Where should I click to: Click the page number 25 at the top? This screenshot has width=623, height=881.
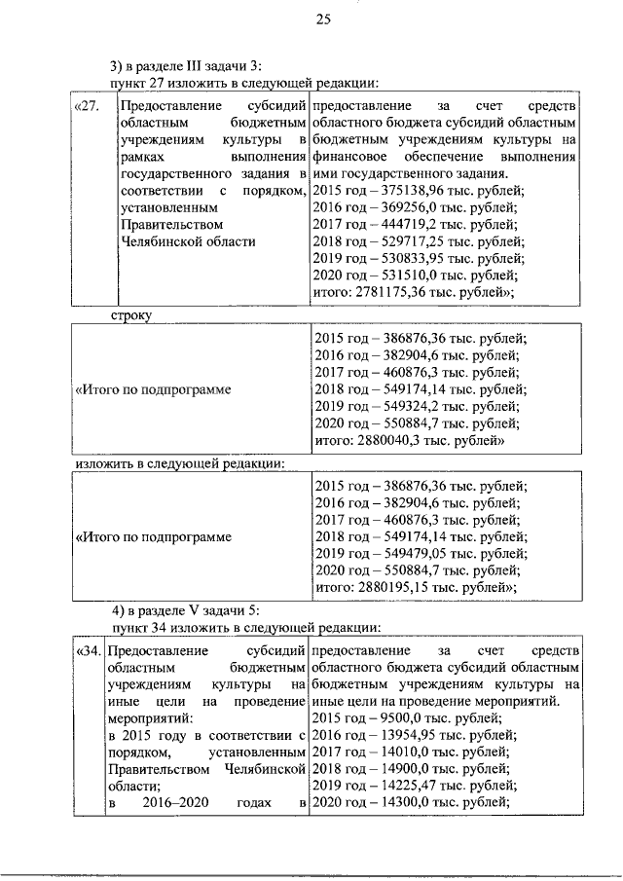click(x=324, y=19)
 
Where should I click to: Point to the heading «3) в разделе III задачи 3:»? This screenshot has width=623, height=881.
click(x=186, y=66)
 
